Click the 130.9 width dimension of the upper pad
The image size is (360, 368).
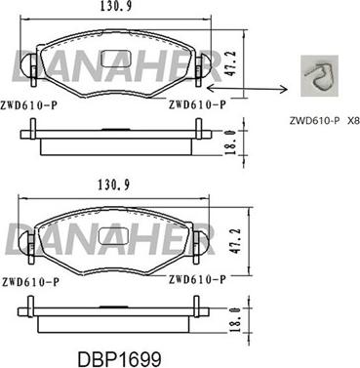tap(116, 7)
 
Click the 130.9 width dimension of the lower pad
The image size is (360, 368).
tap(114, 185)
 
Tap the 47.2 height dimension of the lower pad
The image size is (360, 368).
tap(236, 241)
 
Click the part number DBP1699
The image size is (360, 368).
tap(119, 359)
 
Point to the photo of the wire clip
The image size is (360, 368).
tap(319, 76)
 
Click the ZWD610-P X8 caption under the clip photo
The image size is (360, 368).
tap(324, 121)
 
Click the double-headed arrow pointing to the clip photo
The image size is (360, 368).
tap(247, 88)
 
